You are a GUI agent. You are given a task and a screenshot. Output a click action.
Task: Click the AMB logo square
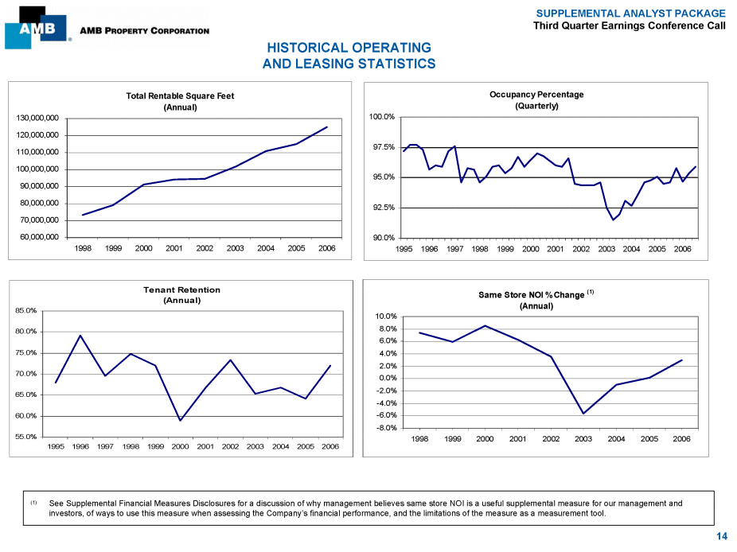36,29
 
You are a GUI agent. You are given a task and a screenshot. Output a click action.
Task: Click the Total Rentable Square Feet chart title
180,96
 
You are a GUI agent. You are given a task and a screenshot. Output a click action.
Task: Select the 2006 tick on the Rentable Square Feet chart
326,248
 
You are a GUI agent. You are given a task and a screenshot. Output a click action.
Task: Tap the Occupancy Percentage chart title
536,95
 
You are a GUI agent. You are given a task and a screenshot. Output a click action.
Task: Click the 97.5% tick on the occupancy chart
383,147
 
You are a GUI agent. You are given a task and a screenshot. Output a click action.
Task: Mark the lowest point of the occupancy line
613,220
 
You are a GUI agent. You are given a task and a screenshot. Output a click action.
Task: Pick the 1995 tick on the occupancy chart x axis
404,249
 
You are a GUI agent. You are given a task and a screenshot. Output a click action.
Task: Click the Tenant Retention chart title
181,290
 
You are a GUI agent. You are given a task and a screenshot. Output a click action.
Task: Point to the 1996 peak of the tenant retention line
80,336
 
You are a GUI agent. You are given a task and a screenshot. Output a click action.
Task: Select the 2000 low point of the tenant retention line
181,420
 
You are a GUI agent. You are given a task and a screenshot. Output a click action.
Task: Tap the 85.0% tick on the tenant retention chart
27,310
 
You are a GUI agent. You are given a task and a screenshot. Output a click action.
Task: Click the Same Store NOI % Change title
532,295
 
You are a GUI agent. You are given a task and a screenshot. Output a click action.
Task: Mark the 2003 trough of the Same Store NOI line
583,414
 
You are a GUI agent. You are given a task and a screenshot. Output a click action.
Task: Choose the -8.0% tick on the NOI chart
386,428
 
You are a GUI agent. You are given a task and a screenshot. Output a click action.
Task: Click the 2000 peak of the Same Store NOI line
485,325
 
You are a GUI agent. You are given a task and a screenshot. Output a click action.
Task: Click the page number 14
721,537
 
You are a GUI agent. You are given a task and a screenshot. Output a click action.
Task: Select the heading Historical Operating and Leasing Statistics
349,56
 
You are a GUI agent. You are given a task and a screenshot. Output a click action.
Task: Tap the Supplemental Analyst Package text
630,14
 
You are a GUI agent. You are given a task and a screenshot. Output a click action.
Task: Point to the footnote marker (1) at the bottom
33,503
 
